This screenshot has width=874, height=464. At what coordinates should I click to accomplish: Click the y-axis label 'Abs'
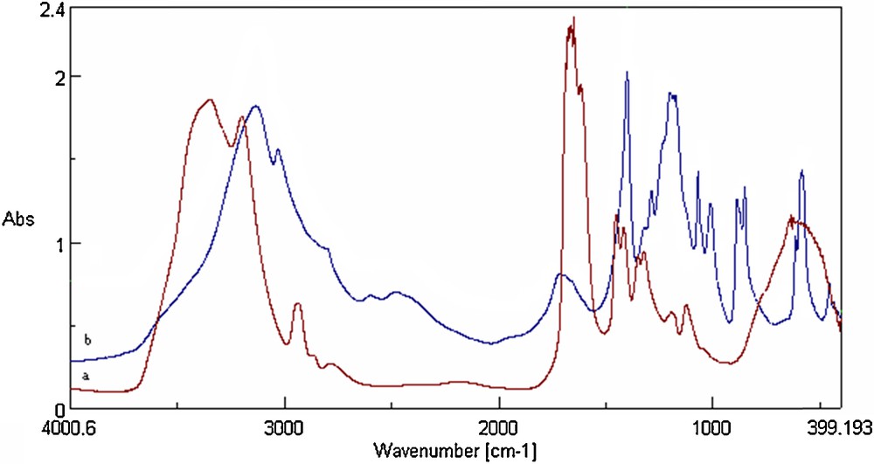pyautogui.click(x=18, y=218)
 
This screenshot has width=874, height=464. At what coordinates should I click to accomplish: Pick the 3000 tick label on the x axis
pyautogui.click(x=285, y=431)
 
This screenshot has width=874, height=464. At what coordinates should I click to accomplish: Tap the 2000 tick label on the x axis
pyautogui.click(x=499, y=431)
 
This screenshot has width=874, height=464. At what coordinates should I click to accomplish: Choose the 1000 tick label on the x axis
pyautogui.click(x=712, y=431)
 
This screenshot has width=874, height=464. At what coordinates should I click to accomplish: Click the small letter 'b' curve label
pyautogui.click(x=86, y=338)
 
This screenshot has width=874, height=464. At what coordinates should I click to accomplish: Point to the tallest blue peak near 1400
pyautogui.click(x=627, y=73)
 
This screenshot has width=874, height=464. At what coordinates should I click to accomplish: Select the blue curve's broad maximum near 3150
pyautogui.click(x=255, y=107)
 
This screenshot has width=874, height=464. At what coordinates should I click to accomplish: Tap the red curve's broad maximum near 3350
pyautogui.click(x=209, y=100)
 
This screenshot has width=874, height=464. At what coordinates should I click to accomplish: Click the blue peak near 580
pyautogui.click(x=801, y=171)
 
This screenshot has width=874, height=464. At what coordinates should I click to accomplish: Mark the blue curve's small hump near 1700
pyautogui.click(x=562, y=275)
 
